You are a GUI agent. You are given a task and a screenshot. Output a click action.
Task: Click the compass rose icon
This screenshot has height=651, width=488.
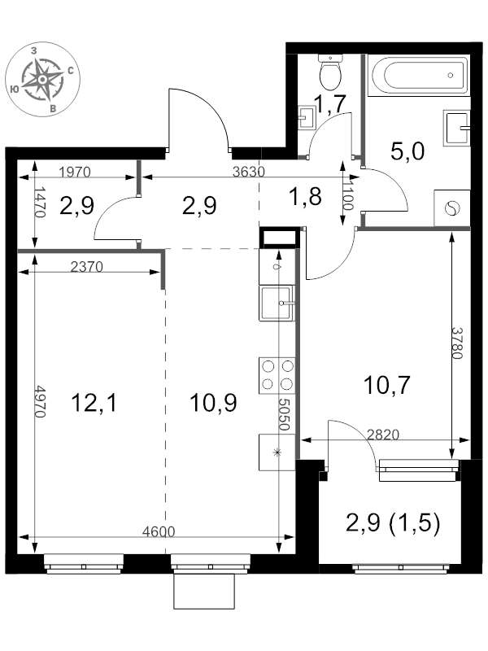coord(42,79)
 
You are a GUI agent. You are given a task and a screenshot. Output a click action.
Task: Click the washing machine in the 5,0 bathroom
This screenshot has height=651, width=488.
coord(451,208)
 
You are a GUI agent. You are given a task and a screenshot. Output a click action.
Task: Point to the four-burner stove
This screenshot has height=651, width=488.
coord(277,375)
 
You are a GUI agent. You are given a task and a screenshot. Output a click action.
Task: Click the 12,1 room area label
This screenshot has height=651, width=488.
coord(94,403)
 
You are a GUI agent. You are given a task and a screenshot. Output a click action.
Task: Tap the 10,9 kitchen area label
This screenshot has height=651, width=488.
coord(213,403)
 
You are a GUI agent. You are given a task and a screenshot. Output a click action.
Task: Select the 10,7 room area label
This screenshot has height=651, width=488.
coord(387,385)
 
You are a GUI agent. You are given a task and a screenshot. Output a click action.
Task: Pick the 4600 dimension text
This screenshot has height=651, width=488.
coord(159,531)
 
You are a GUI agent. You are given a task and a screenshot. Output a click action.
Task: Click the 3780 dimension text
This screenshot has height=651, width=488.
coord(457,343)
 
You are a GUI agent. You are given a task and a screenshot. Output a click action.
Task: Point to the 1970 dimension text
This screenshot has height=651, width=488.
coord(75,172)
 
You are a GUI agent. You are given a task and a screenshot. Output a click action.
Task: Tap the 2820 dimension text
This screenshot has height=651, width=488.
coord(383,435)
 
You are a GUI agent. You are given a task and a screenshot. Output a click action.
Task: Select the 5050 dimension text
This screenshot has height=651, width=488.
coord(283,415)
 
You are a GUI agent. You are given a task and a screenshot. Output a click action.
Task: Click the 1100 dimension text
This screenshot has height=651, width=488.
coord(348,195)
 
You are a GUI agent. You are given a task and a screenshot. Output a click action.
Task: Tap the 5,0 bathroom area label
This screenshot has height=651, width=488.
coord(407,151)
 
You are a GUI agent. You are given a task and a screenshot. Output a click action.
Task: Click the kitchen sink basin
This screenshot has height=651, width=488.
coord(277,303)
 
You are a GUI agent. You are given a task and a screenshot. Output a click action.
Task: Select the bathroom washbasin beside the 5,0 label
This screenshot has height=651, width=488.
coord(456,128)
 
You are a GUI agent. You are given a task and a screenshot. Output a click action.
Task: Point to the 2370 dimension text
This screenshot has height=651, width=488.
coord(87,267)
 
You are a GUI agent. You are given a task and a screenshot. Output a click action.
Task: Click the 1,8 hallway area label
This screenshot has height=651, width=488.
coord(306,196)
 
